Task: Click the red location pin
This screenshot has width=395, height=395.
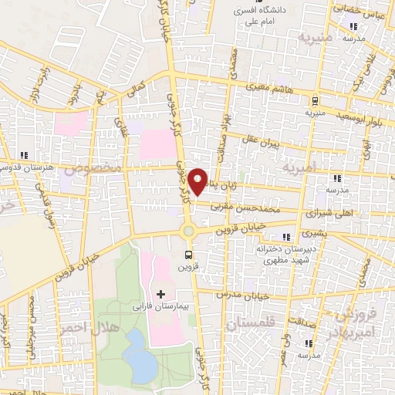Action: click(x=198, y=181)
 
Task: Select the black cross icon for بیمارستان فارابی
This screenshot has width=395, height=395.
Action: click(x=160, y=294)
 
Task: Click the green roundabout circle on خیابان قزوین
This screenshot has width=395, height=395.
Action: click(x=188, y=231)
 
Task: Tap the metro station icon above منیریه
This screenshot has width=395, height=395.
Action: click(x=315, y=101)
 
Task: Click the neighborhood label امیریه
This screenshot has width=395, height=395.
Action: click(x=299, y=167)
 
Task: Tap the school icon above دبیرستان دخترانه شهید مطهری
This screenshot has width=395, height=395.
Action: click(x=287, y=236)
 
